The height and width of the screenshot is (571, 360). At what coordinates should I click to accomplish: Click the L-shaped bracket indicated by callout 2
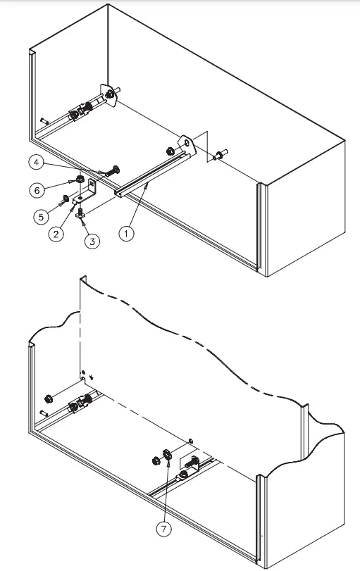point(89,190)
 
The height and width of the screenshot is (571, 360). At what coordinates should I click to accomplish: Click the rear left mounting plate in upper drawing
point(108,95)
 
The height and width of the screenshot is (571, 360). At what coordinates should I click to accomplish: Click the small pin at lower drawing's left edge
point(43,413)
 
